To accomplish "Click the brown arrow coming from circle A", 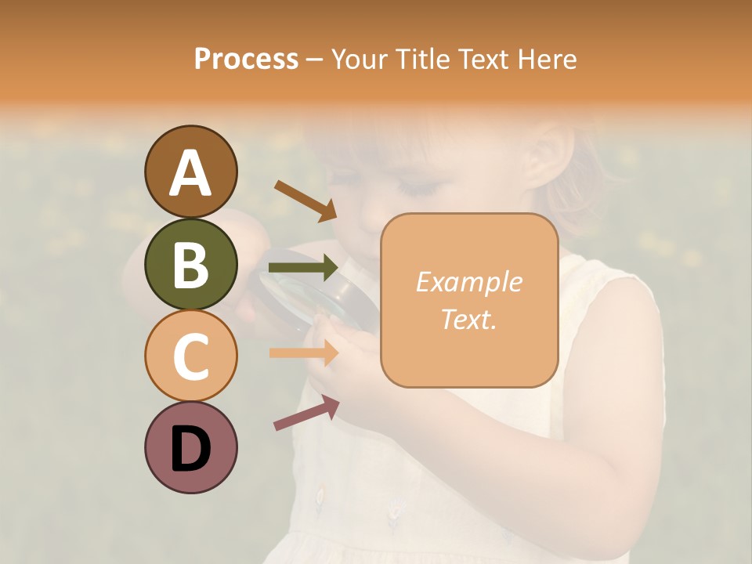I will (305, 199).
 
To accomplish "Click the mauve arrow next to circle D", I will (306, 413).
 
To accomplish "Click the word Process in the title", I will (246, 59).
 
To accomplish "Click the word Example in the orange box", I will (468, 282).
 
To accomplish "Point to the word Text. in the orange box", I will (468, 319).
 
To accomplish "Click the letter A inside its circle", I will (190, 172).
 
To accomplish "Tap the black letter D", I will (190, 449).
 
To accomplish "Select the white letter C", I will (190, 356).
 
